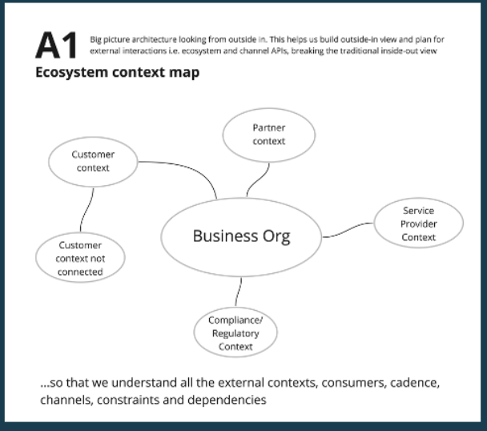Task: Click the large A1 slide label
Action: click(x=55, y=46)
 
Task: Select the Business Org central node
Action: click(x=241, y=236)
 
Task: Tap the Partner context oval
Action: click(x=268, y=135)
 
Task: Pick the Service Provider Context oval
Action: click(x=418, y=224)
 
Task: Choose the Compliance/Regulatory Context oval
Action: click(x=235, y=333)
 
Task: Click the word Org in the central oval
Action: click(x=275, y=236)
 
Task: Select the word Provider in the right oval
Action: click(x=419, y=224)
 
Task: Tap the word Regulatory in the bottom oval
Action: click(x=235, y=334)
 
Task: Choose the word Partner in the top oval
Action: click(x=268, y=127)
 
